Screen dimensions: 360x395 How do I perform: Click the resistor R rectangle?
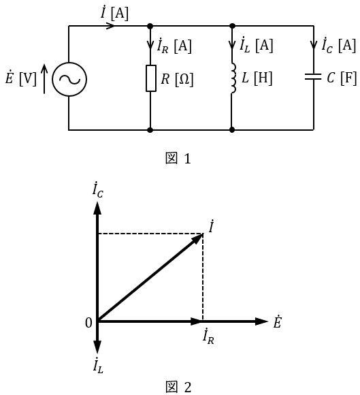[151, 78]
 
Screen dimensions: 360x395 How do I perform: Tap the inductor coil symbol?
[233, 78]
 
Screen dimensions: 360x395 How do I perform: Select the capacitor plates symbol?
[313, 76]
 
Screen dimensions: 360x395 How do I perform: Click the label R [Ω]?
[177, 79]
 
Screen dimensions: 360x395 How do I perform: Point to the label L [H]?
[257, 78]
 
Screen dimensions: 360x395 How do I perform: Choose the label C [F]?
[342, 78]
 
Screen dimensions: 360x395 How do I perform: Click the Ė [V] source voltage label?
[20, 78]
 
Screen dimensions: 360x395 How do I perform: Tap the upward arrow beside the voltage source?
[44, 78]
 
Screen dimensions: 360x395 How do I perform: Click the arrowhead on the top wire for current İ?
[110, 26]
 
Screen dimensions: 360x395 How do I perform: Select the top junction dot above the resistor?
[150, 26]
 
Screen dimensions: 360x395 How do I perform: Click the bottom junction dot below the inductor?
[232, 129]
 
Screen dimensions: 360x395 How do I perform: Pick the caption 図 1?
[178, 159]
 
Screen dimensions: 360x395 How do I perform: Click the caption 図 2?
[178, 388]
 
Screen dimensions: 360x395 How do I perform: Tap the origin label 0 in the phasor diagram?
[88, 323]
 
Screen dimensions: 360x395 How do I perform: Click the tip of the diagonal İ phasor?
[203, 234]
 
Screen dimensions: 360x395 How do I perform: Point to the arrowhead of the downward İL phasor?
[97, 347]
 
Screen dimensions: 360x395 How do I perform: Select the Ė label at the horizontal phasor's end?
[277, 321]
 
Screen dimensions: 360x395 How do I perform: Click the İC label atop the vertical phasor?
[98, 191]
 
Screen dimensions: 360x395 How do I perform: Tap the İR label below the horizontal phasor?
[208, 336]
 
